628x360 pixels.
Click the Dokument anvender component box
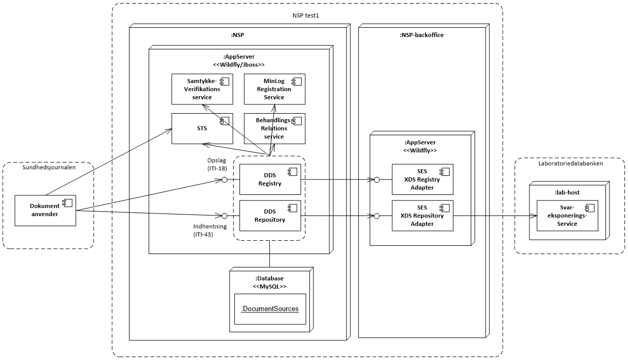point(46,210)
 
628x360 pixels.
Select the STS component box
point(202,129)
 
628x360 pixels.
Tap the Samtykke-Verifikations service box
point(202,89)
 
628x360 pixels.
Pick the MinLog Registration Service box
point(274,89)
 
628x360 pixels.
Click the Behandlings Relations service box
point(274,129)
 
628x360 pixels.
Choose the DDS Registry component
point(270,179)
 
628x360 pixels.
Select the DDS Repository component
point(270,215)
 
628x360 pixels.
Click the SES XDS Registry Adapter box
point(422,179)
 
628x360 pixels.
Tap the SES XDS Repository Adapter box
point(422,215)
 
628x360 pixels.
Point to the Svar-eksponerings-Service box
point(568,216)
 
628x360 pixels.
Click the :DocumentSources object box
point(270,309)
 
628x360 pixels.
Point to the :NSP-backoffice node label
point(421,35)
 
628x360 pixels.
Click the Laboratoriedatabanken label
point(569,163)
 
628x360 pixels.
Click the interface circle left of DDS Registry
point(224,179)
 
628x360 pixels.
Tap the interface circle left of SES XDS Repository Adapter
point(377,215)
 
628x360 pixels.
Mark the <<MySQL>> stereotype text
point(269,286)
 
